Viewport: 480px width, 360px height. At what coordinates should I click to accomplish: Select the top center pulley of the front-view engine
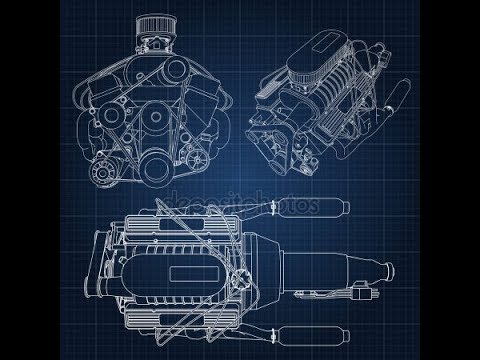pos(175,69)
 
